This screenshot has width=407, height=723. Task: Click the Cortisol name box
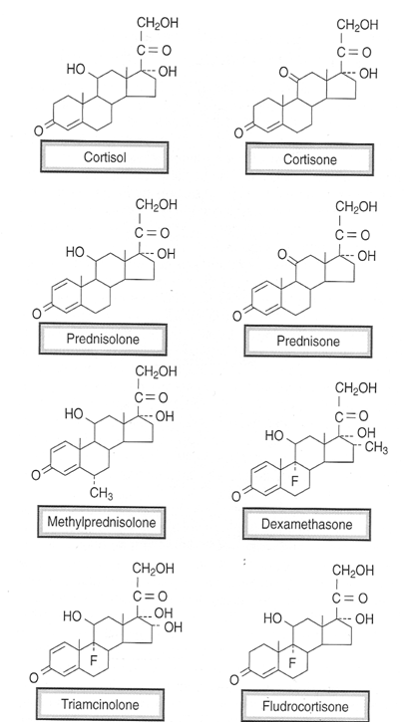tap(104, 157)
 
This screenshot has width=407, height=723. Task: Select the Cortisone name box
tap(309, 159)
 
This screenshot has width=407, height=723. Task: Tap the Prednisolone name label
tap(103, 339)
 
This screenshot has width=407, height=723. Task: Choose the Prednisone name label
tap(307, 342)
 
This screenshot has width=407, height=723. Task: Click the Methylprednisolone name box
tap(101, 522)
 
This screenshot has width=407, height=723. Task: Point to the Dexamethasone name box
tap(306, 524)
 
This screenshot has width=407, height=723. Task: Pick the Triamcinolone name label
tap(100, 704)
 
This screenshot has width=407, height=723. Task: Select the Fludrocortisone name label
tap(305, 706)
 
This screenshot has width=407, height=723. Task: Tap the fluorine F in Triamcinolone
tap(94, 661)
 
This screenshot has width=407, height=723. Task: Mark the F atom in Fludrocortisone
tap(292, 663)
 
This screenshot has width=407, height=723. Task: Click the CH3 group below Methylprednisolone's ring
tap(101, 494)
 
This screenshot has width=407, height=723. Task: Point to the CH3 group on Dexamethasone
tap(376, 448)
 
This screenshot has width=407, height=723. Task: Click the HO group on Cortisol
tap(76, 69)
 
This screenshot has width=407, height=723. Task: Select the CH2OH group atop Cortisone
tap(357, 25)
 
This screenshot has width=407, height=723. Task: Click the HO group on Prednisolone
tap(75, 252)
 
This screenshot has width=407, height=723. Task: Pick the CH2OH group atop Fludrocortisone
tap(353, 571)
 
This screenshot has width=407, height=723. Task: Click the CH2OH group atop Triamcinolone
tap(154, 569)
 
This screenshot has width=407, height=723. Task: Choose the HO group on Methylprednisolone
tap(75, 413)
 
